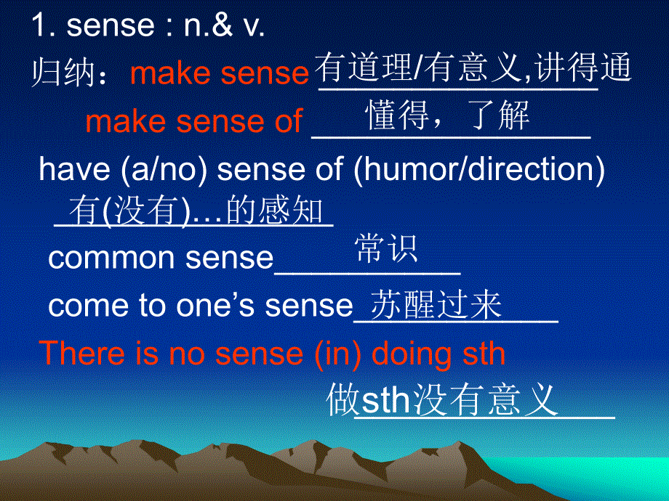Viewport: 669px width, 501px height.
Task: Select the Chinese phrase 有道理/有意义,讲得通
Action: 473,69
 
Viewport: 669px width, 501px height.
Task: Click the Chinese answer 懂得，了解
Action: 448,115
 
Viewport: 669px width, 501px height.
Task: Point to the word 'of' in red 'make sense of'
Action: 288,122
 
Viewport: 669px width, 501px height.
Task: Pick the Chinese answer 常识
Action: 386,249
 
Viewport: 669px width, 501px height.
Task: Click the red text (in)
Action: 340,354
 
